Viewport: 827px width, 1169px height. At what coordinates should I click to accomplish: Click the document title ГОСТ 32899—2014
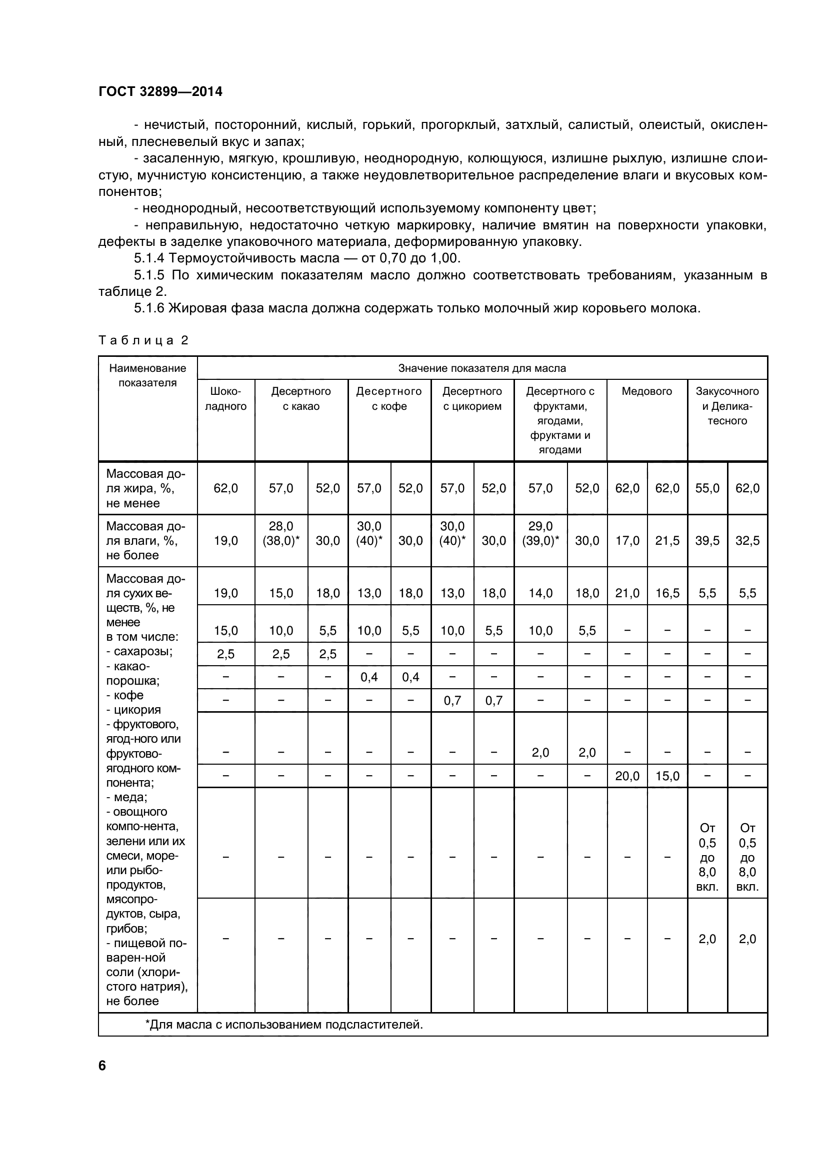(160, 91)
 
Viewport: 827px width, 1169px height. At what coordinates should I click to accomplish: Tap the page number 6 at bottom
(102, 1066)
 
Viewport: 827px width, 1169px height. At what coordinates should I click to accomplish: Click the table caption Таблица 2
(143, 340)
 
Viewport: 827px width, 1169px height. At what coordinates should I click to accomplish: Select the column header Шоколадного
(225, 399)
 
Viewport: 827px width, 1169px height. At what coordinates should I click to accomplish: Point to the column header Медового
(646, 391)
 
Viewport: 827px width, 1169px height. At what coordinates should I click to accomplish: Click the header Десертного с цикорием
(472, 399)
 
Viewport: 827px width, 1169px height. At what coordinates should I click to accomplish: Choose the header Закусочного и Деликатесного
(727, 406)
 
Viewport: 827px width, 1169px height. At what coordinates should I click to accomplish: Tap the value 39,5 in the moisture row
(707, 541)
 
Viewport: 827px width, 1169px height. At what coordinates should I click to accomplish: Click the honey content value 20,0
(627, 776)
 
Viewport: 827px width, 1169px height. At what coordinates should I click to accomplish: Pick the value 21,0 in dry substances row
(627, 593)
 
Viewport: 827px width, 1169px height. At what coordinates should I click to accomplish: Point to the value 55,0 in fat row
(707, 488)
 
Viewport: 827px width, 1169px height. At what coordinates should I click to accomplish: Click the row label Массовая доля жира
(145, 488)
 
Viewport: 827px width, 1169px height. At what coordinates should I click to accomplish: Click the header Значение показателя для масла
(481, 368)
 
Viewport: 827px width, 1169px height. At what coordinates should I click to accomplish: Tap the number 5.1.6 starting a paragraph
(149, 308)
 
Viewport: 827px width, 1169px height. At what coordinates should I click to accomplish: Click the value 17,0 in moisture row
(627, 541)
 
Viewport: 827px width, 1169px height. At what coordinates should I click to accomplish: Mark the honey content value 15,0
(667, 776)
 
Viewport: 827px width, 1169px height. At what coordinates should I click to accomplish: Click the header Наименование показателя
(147, 375)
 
